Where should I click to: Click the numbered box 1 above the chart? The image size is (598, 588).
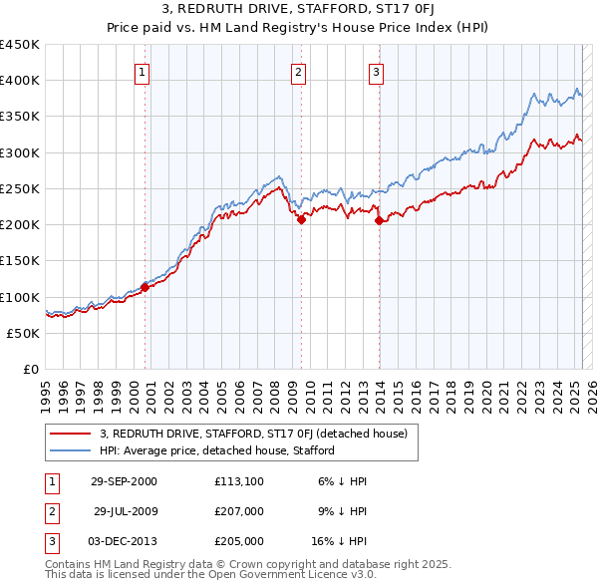pos(143,72)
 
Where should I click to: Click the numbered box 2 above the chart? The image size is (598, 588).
pos(298,72)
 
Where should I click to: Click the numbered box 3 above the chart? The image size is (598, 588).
pos(376,72)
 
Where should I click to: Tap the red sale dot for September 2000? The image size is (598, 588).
pos(145,287)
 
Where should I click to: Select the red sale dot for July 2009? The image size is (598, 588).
pos(301,220)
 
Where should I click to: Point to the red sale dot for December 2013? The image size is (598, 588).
pos(379,221)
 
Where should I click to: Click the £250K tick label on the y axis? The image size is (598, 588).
pos(20,188)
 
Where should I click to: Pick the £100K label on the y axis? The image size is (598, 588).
pos(20,297)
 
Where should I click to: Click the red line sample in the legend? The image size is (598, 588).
pos(70,434)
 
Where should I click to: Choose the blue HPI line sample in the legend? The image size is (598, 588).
pos(70,450)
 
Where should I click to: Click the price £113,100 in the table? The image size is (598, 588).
pos(239,481)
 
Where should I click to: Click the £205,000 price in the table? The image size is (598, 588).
pos(239,541)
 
